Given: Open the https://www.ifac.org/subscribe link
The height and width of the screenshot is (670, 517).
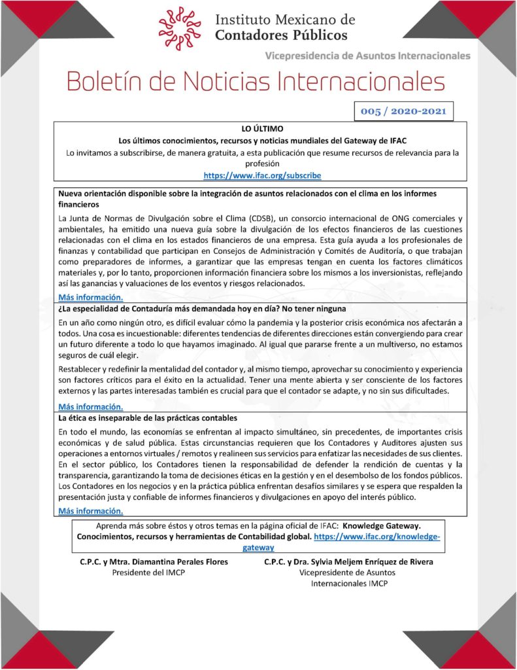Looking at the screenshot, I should point(262,175).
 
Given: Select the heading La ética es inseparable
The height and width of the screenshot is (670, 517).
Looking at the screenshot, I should point(146,417).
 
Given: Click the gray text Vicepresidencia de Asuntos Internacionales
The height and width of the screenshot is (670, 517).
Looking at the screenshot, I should point(367,56).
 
